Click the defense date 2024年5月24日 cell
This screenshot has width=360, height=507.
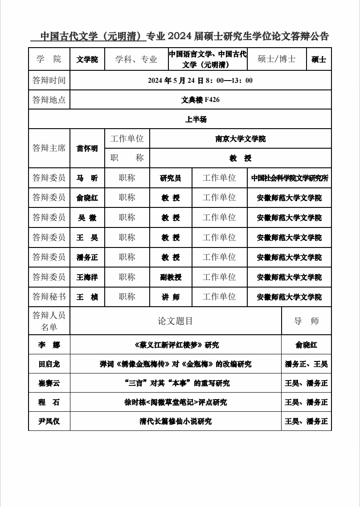pos(200,81)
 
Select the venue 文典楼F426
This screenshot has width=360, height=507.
pos(200,100)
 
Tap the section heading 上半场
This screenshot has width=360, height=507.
pos(196,119)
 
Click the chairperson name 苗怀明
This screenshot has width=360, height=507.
pos(87,149)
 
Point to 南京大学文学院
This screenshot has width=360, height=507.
pos(241,139)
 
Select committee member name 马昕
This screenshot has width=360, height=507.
pos(87,178)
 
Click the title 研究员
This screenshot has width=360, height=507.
pos(171,178)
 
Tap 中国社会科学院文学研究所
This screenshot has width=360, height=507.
pos(290,178)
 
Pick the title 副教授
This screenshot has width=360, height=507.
pos(171,277)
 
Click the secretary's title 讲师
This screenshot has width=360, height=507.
pos(171,297)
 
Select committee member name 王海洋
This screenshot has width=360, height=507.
pos(87,277)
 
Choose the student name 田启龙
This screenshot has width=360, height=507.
pos(49,364)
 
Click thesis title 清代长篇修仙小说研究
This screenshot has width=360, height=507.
pos(176,421)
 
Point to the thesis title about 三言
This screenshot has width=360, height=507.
pos(176,383)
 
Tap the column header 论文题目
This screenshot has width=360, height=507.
pos(176,321)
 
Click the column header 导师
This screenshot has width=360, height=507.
pos(307,321)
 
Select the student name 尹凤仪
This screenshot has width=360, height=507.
pos(49,421)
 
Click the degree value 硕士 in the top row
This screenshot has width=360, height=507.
pos(319,60)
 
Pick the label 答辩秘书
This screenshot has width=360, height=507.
pos(49,297)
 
